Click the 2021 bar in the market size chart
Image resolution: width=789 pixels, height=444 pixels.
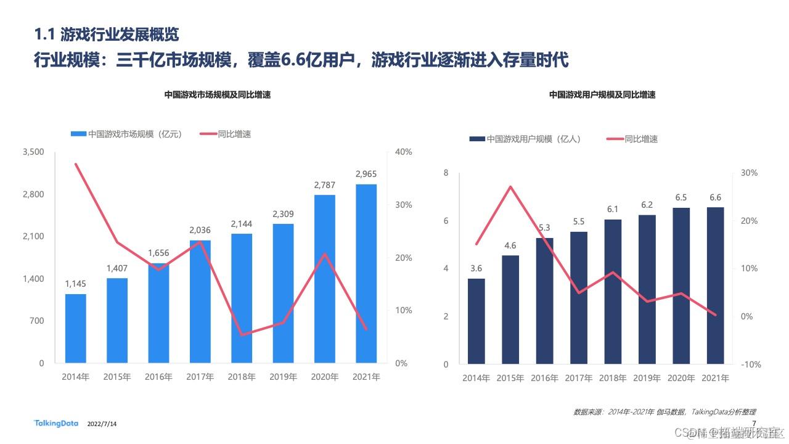point(366,273)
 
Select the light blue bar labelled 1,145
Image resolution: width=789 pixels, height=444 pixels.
point(76,328)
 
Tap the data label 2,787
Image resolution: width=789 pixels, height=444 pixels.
point(325,185)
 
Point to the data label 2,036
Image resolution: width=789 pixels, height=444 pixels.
point(200,230)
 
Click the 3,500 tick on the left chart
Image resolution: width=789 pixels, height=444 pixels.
point(33,152)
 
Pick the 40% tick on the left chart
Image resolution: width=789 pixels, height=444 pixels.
point(404,152)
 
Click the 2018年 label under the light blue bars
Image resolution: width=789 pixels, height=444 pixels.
point(242,377)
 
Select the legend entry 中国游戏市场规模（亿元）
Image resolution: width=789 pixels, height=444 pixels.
point(126,134)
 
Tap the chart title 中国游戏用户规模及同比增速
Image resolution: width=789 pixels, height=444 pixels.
point(602,95)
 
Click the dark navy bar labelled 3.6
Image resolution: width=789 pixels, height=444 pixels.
point(476,321)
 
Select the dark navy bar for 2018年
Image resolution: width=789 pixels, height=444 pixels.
point(613,292)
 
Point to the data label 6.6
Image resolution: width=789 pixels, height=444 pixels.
point(716,197)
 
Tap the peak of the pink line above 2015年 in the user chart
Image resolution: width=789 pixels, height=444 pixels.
point(510,186)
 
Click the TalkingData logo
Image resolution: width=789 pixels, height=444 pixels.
point(56,423)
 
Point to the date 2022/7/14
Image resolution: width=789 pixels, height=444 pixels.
point(102,424)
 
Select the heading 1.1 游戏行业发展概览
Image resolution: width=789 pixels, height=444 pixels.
point(107,35)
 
